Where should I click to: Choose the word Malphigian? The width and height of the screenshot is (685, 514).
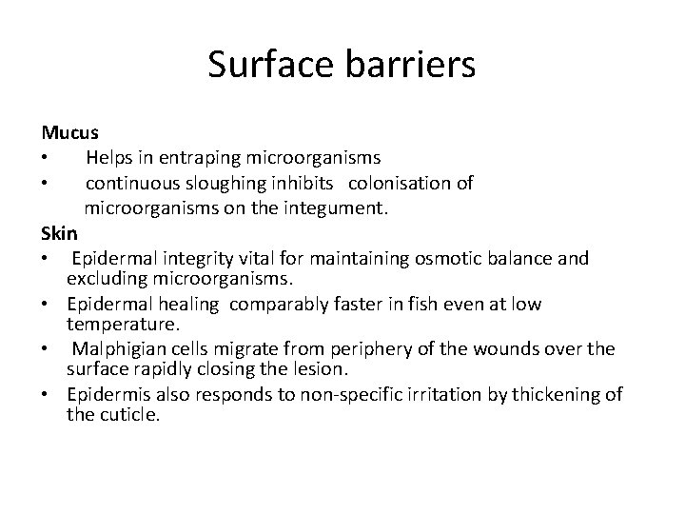click(114, 349)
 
